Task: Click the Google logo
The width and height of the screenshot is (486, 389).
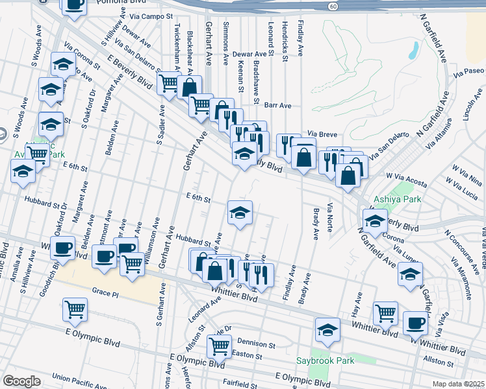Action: click(21, 381)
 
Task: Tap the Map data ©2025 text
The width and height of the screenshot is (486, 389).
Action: click(459, 384)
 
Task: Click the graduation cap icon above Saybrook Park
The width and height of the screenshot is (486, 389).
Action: click(327, 330)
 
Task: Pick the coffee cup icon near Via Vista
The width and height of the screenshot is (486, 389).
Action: click(415, 322)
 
